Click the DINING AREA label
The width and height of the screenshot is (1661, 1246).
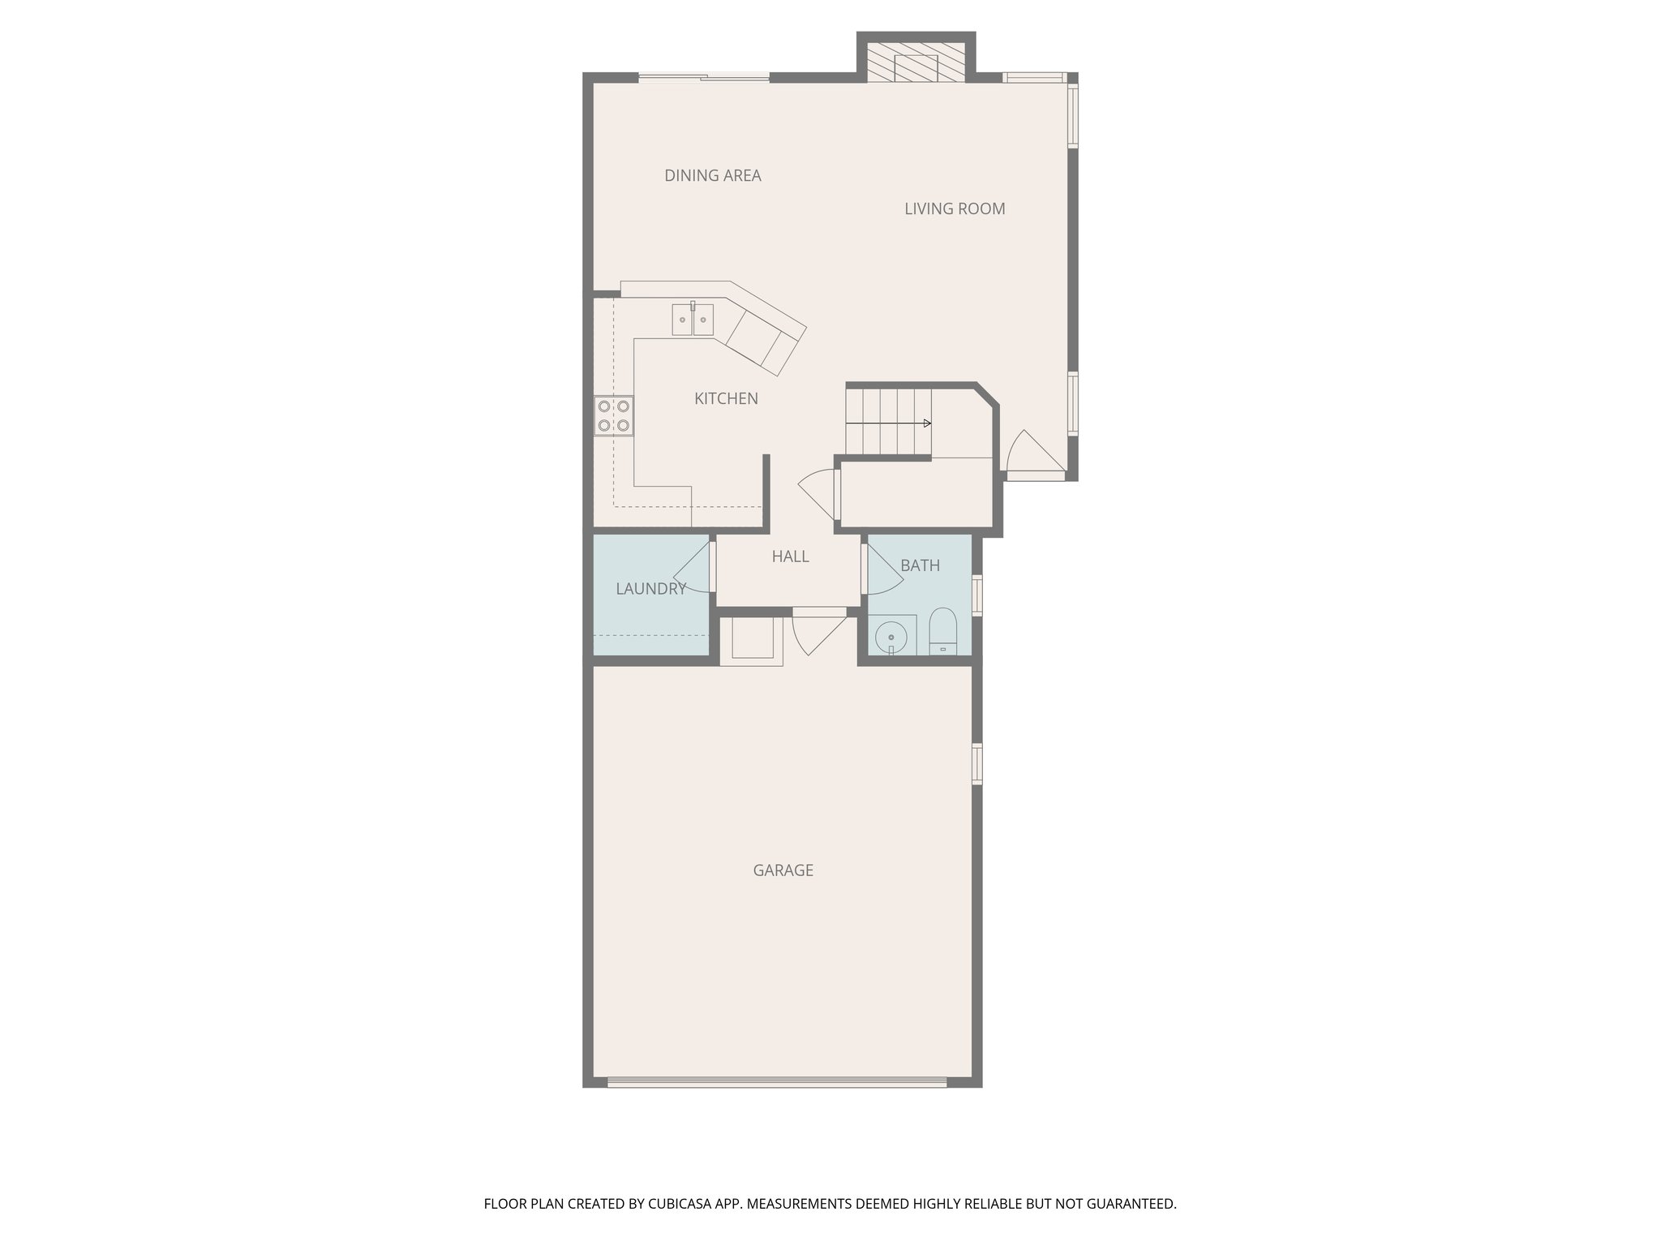[712, 175]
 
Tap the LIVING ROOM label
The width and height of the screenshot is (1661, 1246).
[955, 208]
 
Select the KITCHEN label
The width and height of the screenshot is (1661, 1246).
[726, 398]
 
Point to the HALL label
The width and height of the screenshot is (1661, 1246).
[790, 556]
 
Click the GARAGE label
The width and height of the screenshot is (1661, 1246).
[783, 870]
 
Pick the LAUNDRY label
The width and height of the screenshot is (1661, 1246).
[650, 589]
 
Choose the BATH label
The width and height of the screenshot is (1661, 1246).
[920, 565]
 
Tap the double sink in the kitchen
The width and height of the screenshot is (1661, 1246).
[693, 320]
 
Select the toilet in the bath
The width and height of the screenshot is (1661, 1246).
[942, 631]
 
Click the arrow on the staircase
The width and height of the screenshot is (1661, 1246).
[927, 423]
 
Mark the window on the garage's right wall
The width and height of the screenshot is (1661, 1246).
[977, 763]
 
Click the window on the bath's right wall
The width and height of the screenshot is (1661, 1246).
[977, 595]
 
